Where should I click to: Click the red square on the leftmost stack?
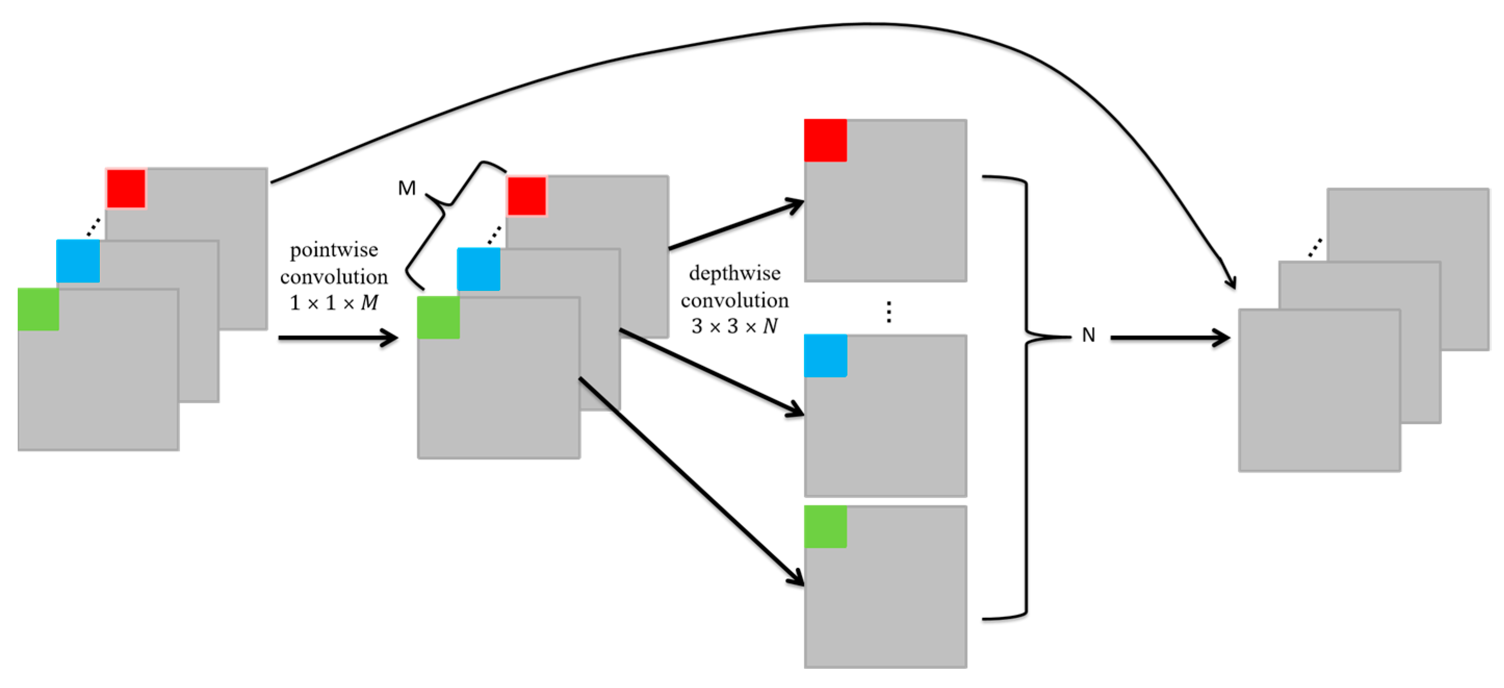126,188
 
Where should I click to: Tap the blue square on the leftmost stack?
77,261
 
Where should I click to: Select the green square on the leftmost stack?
38,309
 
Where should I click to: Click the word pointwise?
334,250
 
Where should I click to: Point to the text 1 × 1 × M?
334,302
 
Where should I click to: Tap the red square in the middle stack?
527,196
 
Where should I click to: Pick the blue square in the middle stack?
478,269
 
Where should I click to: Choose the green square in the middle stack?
438,317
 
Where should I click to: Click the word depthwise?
734,273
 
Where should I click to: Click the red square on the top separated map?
825,140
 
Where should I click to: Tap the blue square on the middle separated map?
825,355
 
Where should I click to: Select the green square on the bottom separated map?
825,526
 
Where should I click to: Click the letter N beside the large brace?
1088,335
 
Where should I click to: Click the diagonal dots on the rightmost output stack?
1314,248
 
